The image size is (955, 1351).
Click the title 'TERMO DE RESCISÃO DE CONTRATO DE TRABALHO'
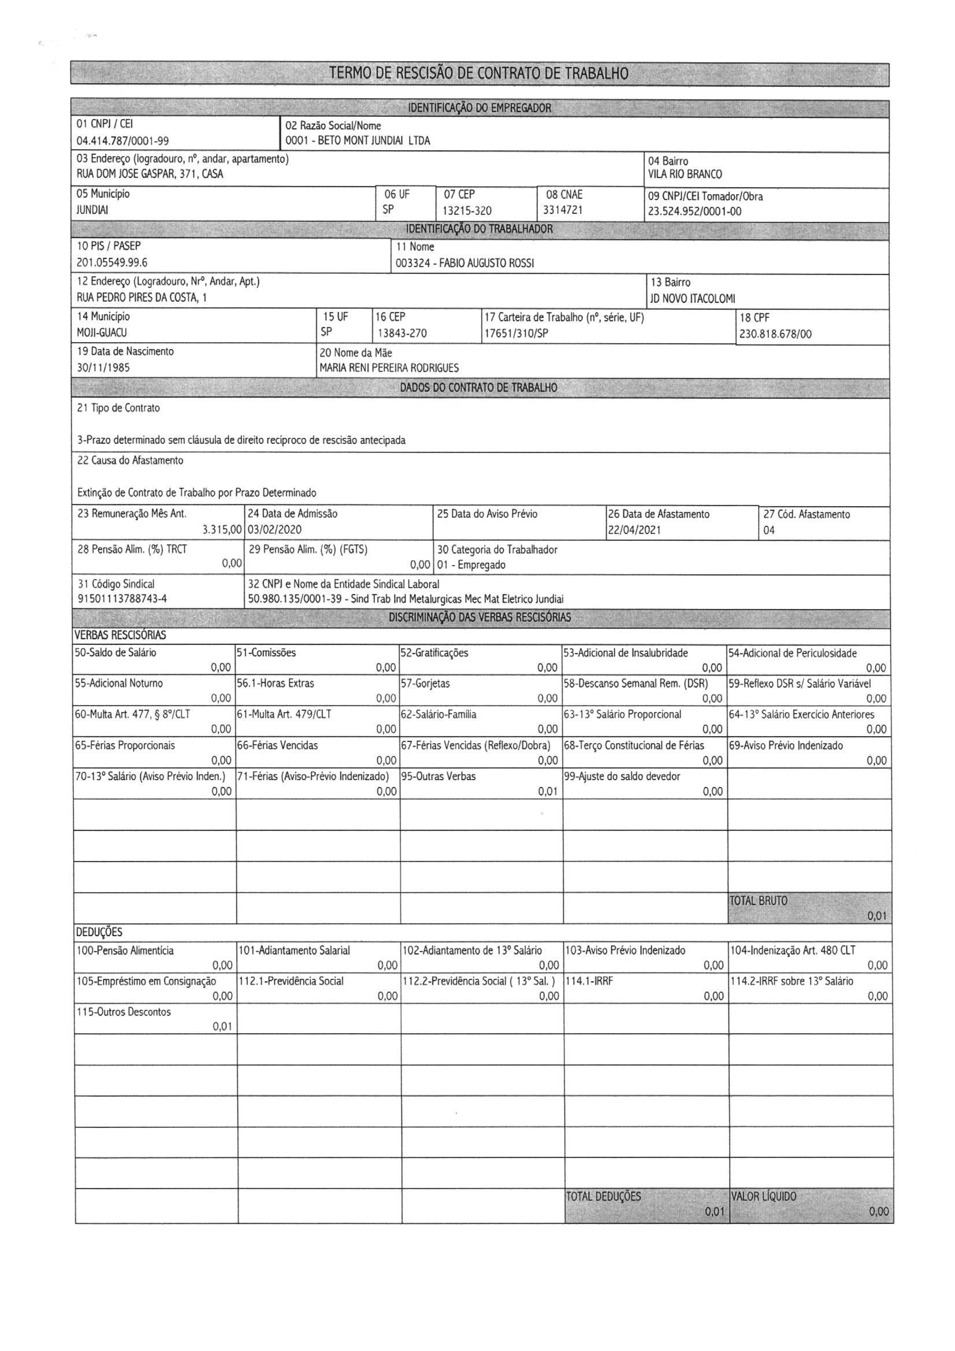(478, 73)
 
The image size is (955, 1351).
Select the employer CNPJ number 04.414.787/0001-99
(123, 141)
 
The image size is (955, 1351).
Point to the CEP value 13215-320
(467, 211)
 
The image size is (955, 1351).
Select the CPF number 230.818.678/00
(775, 334)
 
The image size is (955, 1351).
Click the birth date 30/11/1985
(103, 368)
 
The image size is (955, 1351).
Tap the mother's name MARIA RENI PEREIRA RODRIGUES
(389, 368)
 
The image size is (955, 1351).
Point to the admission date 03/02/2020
(274, 529)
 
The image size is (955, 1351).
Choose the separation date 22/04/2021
(634, 529)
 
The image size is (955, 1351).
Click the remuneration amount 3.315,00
(222, 529)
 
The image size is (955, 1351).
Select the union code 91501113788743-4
(122, 600)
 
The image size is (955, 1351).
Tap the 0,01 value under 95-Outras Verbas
(547, 792)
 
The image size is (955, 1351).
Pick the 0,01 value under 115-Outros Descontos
(222, 1027)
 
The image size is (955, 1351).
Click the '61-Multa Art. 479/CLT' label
(284, 714)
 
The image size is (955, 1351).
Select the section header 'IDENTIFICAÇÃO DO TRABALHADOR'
(479, 229)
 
